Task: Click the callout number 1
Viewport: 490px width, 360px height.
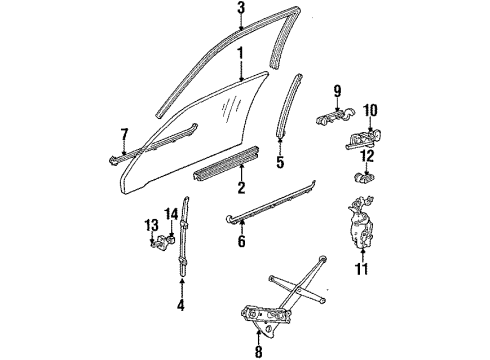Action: click(x=240, y=48)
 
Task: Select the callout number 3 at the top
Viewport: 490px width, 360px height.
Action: click(x=240, y=8)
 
